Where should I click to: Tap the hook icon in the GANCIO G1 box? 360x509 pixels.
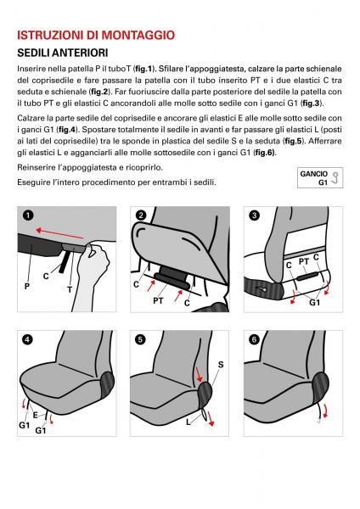tap(335, 178)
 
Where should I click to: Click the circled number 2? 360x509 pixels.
tap(140, 215)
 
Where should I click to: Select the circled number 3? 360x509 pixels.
tap(254, 215)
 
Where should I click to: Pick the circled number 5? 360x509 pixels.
tap(140, 339)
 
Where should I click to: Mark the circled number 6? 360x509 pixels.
tap(254, 339)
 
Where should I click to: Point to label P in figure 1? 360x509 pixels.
tap(27, 287)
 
